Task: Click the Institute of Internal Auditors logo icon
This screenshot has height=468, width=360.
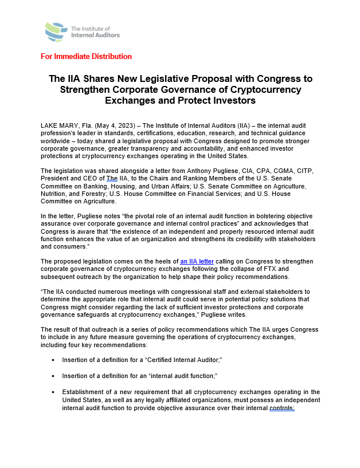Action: point(56,32)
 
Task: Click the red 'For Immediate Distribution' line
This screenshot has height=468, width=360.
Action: point(86,57)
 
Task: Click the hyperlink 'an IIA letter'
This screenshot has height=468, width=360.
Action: point(197,261)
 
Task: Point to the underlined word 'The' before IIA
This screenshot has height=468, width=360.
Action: point(112,179)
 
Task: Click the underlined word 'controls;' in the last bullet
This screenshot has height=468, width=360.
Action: point(281,408)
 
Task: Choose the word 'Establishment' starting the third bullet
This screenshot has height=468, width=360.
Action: point(86,392)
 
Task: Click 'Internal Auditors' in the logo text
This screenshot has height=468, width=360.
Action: point(95,35)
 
